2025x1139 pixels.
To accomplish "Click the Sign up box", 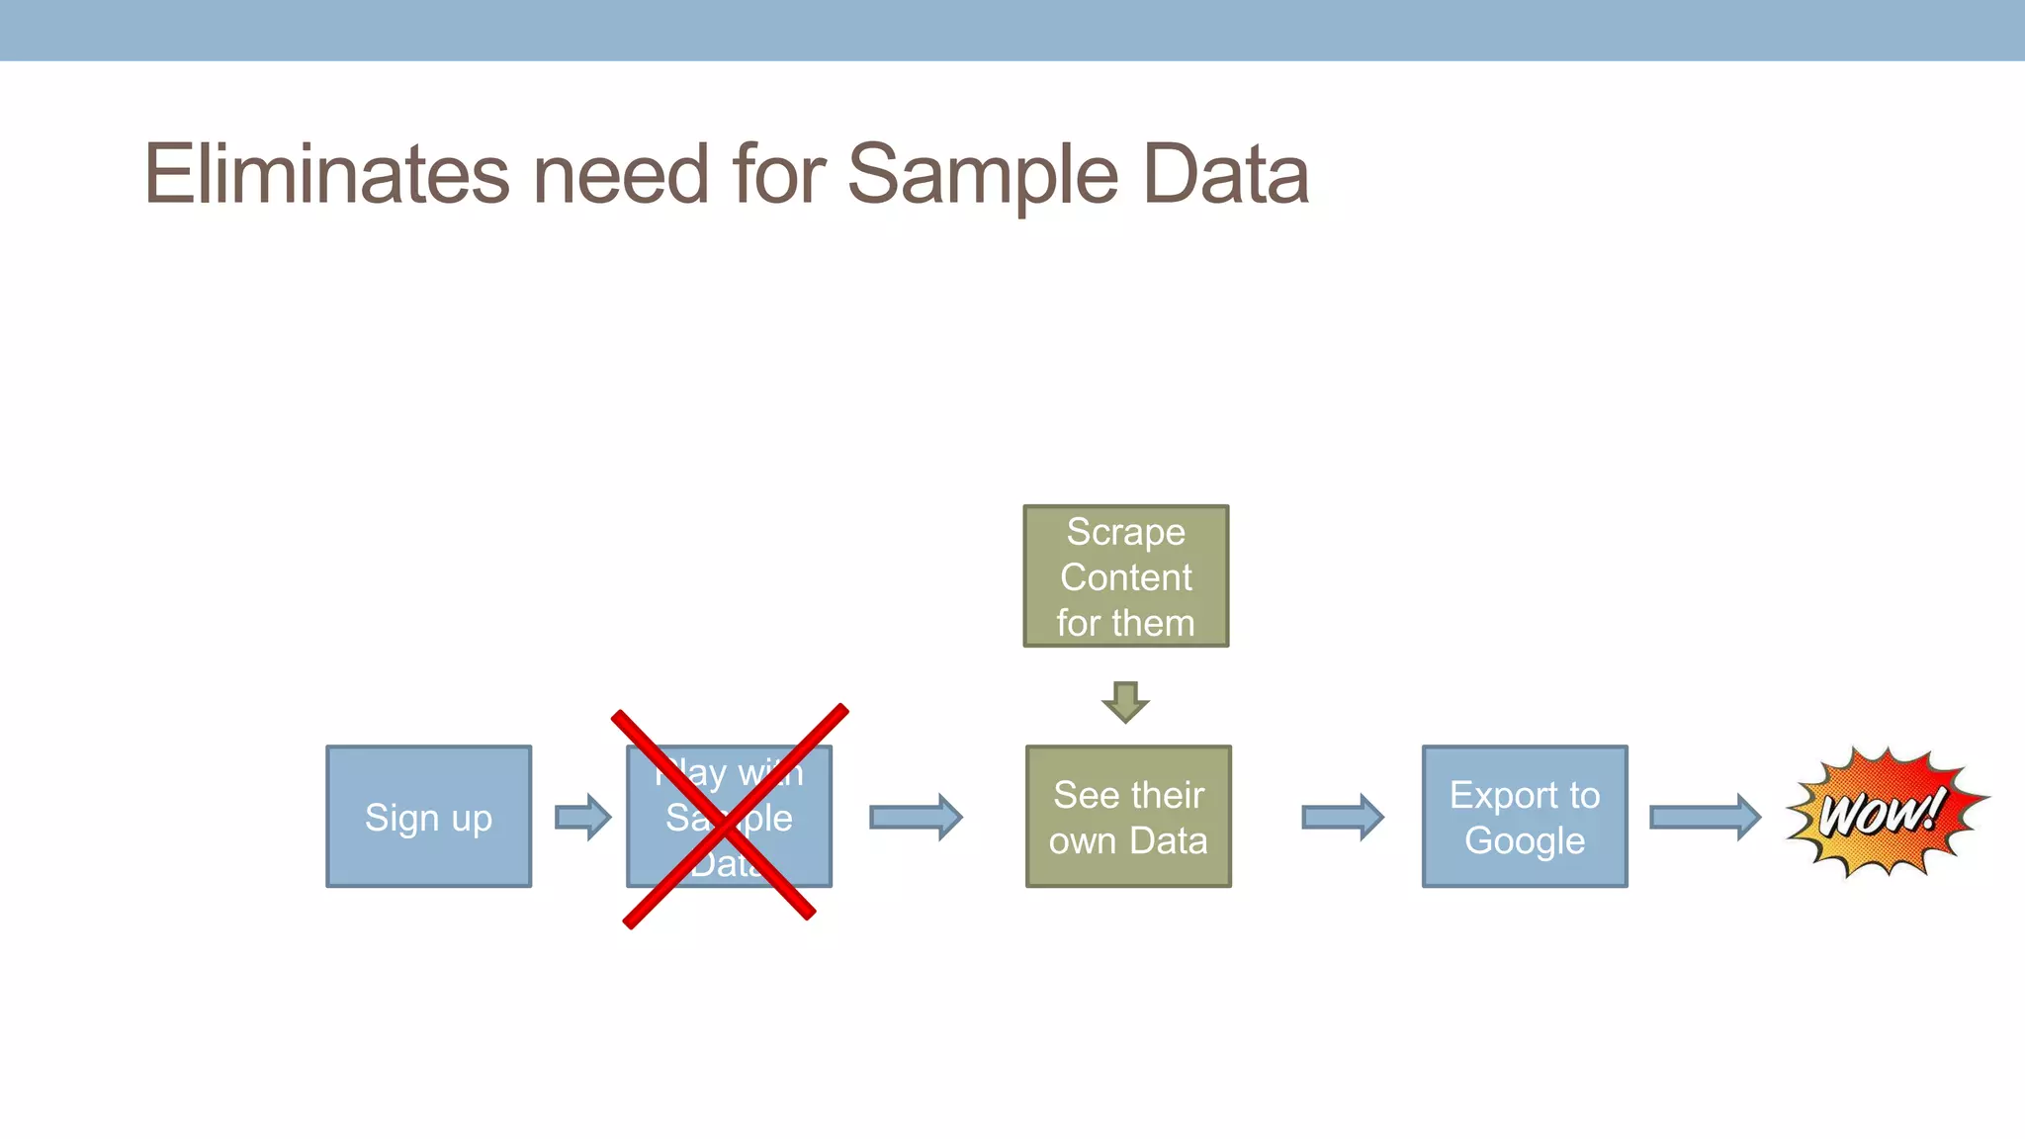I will [428, 817].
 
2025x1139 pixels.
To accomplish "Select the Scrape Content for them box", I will [1125, 576].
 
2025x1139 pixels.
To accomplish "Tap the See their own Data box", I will [1128, 817].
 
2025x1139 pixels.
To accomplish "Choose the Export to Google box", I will [1524, 817].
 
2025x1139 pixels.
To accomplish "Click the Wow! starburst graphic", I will [1885, 813].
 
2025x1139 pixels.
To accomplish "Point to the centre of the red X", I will [729, 818].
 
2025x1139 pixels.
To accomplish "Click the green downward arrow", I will [1125, 701].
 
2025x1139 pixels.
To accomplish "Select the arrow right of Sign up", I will [583, 817].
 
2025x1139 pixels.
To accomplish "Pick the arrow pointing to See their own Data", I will [916, 817].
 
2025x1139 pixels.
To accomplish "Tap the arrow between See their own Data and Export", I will [1343, 817].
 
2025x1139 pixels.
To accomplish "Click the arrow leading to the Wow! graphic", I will [1705, 817].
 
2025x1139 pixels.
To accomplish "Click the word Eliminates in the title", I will [327, 174].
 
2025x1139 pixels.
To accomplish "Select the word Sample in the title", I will [982, 176].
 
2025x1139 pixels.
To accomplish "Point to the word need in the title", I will [622, 174].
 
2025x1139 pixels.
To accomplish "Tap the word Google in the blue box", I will [1524, 841].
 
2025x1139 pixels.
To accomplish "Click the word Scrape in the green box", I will [1125, 532].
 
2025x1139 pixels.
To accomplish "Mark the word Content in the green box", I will [1125, 577].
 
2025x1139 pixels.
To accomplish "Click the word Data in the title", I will [1225, 174].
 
